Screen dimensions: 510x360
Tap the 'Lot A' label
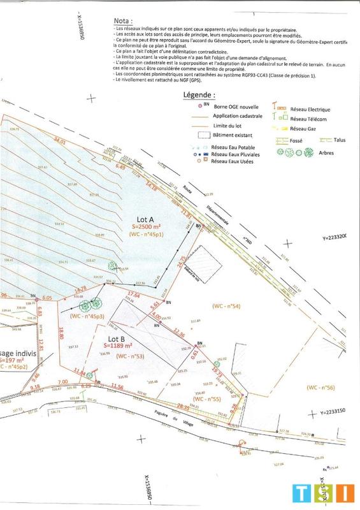(147, 219)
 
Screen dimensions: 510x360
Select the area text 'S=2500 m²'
(147, 226)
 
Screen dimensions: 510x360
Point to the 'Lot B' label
(117, 339)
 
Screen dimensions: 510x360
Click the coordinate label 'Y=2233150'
(343, 412)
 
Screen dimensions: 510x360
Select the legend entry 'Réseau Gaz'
(303, 127)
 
